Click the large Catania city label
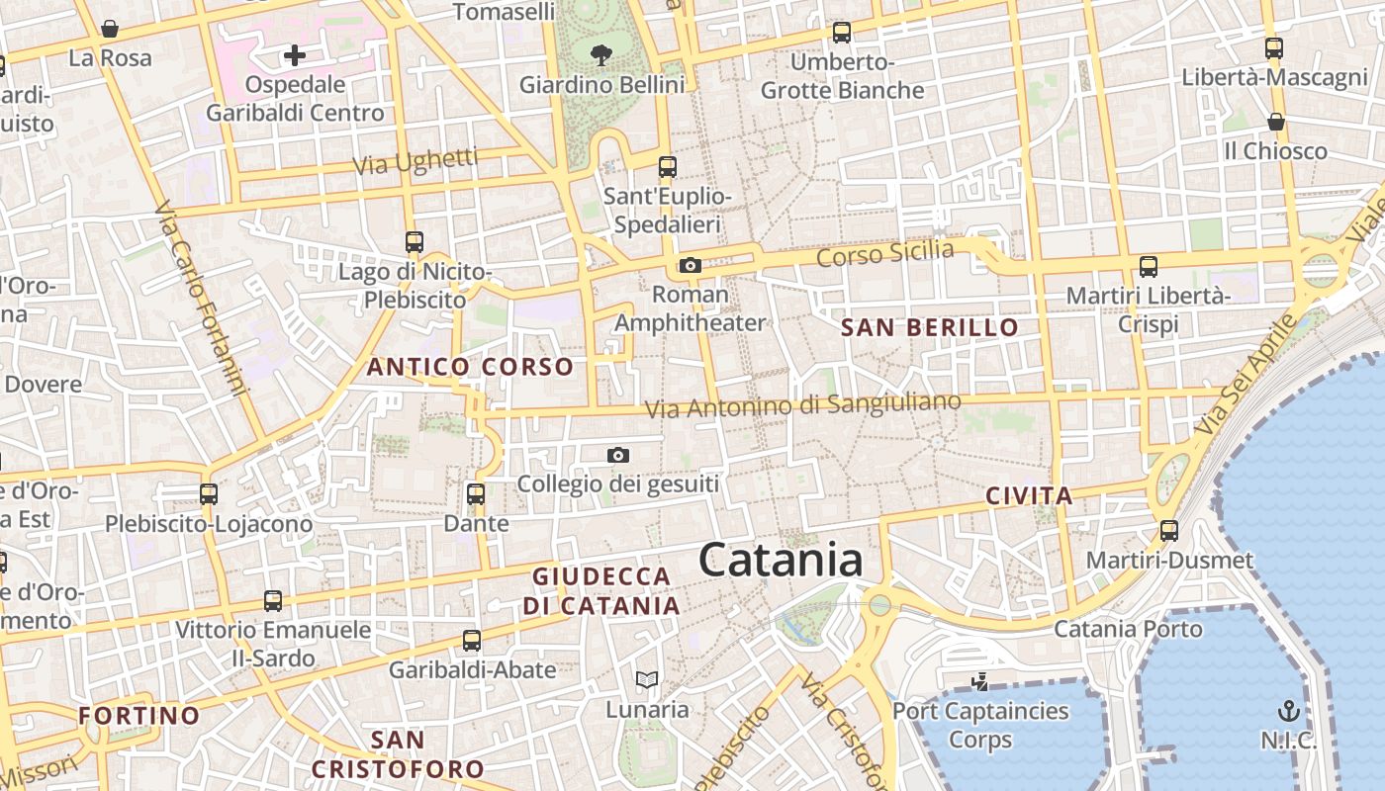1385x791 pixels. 781,561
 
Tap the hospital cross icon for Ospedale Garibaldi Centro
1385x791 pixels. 294,55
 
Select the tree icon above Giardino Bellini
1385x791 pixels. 600,54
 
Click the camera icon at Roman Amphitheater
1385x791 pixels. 691,265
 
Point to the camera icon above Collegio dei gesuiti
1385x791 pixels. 618,455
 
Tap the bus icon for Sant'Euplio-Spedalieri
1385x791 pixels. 668,166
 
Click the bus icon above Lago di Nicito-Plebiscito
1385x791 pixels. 415,241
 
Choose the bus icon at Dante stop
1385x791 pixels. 476,493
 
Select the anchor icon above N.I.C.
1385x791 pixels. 1288,710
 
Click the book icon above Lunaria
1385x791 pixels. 647,679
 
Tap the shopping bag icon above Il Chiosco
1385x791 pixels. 1276,122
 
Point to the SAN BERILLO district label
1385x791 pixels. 929,327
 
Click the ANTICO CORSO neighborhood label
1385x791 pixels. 470,367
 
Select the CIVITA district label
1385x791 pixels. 1029,496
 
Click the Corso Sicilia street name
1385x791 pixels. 885,254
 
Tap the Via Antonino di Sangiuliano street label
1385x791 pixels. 802,404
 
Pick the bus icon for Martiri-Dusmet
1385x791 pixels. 1169,531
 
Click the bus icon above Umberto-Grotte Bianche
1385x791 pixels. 842,33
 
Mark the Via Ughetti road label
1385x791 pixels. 416,161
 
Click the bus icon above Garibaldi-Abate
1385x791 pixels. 472,640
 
